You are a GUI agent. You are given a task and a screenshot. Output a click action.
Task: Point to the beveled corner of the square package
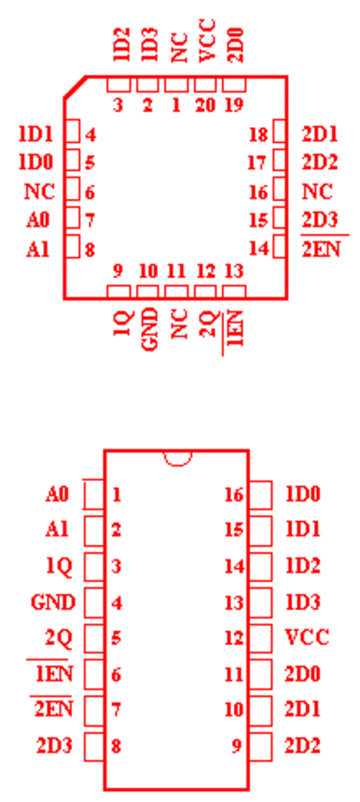point(75,86)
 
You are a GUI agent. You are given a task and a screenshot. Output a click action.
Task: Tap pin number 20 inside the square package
point(205,106)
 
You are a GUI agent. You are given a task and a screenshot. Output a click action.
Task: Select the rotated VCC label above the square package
point(208,41)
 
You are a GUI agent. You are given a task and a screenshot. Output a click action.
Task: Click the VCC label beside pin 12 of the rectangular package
point(306,637)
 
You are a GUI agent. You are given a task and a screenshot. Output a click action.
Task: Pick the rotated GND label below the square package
point(149,330)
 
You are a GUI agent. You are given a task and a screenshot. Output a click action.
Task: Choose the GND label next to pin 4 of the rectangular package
point(53,602)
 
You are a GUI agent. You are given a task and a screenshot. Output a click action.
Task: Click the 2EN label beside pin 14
point(320,249)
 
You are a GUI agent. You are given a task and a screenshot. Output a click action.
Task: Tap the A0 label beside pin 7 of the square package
point(39,221)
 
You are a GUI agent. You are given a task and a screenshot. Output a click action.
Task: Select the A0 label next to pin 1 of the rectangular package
point(57,494)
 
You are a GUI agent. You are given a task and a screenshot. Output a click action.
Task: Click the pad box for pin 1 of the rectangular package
point(94,495)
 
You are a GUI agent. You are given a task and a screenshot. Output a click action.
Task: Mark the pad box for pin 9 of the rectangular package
point(261,747)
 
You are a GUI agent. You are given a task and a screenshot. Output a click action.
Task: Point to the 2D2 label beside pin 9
point(302,746)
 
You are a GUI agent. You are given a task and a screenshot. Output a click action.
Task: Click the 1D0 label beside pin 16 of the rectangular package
point(302,494)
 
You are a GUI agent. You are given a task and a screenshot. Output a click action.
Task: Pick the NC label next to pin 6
point(40,192)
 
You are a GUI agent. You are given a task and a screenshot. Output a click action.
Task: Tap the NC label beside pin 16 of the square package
point(317,192)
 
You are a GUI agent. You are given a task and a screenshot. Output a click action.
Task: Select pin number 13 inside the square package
point(234,271)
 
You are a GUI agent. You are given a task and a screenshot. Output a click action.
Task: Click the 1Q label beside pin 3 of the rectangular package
point(59,566)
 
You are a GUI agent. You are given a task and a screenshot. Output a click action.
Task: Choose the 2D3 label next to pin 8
point(54,746)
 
